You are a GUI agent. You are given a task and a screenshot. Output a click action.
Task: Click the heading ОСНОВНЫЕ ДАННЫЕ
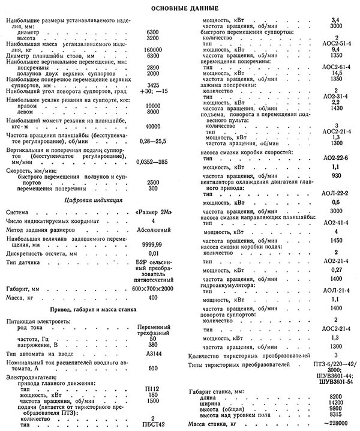[x=179, y=8]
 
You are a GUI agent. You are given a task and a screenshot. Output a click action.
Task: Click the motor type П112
[x=152, y=388]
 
